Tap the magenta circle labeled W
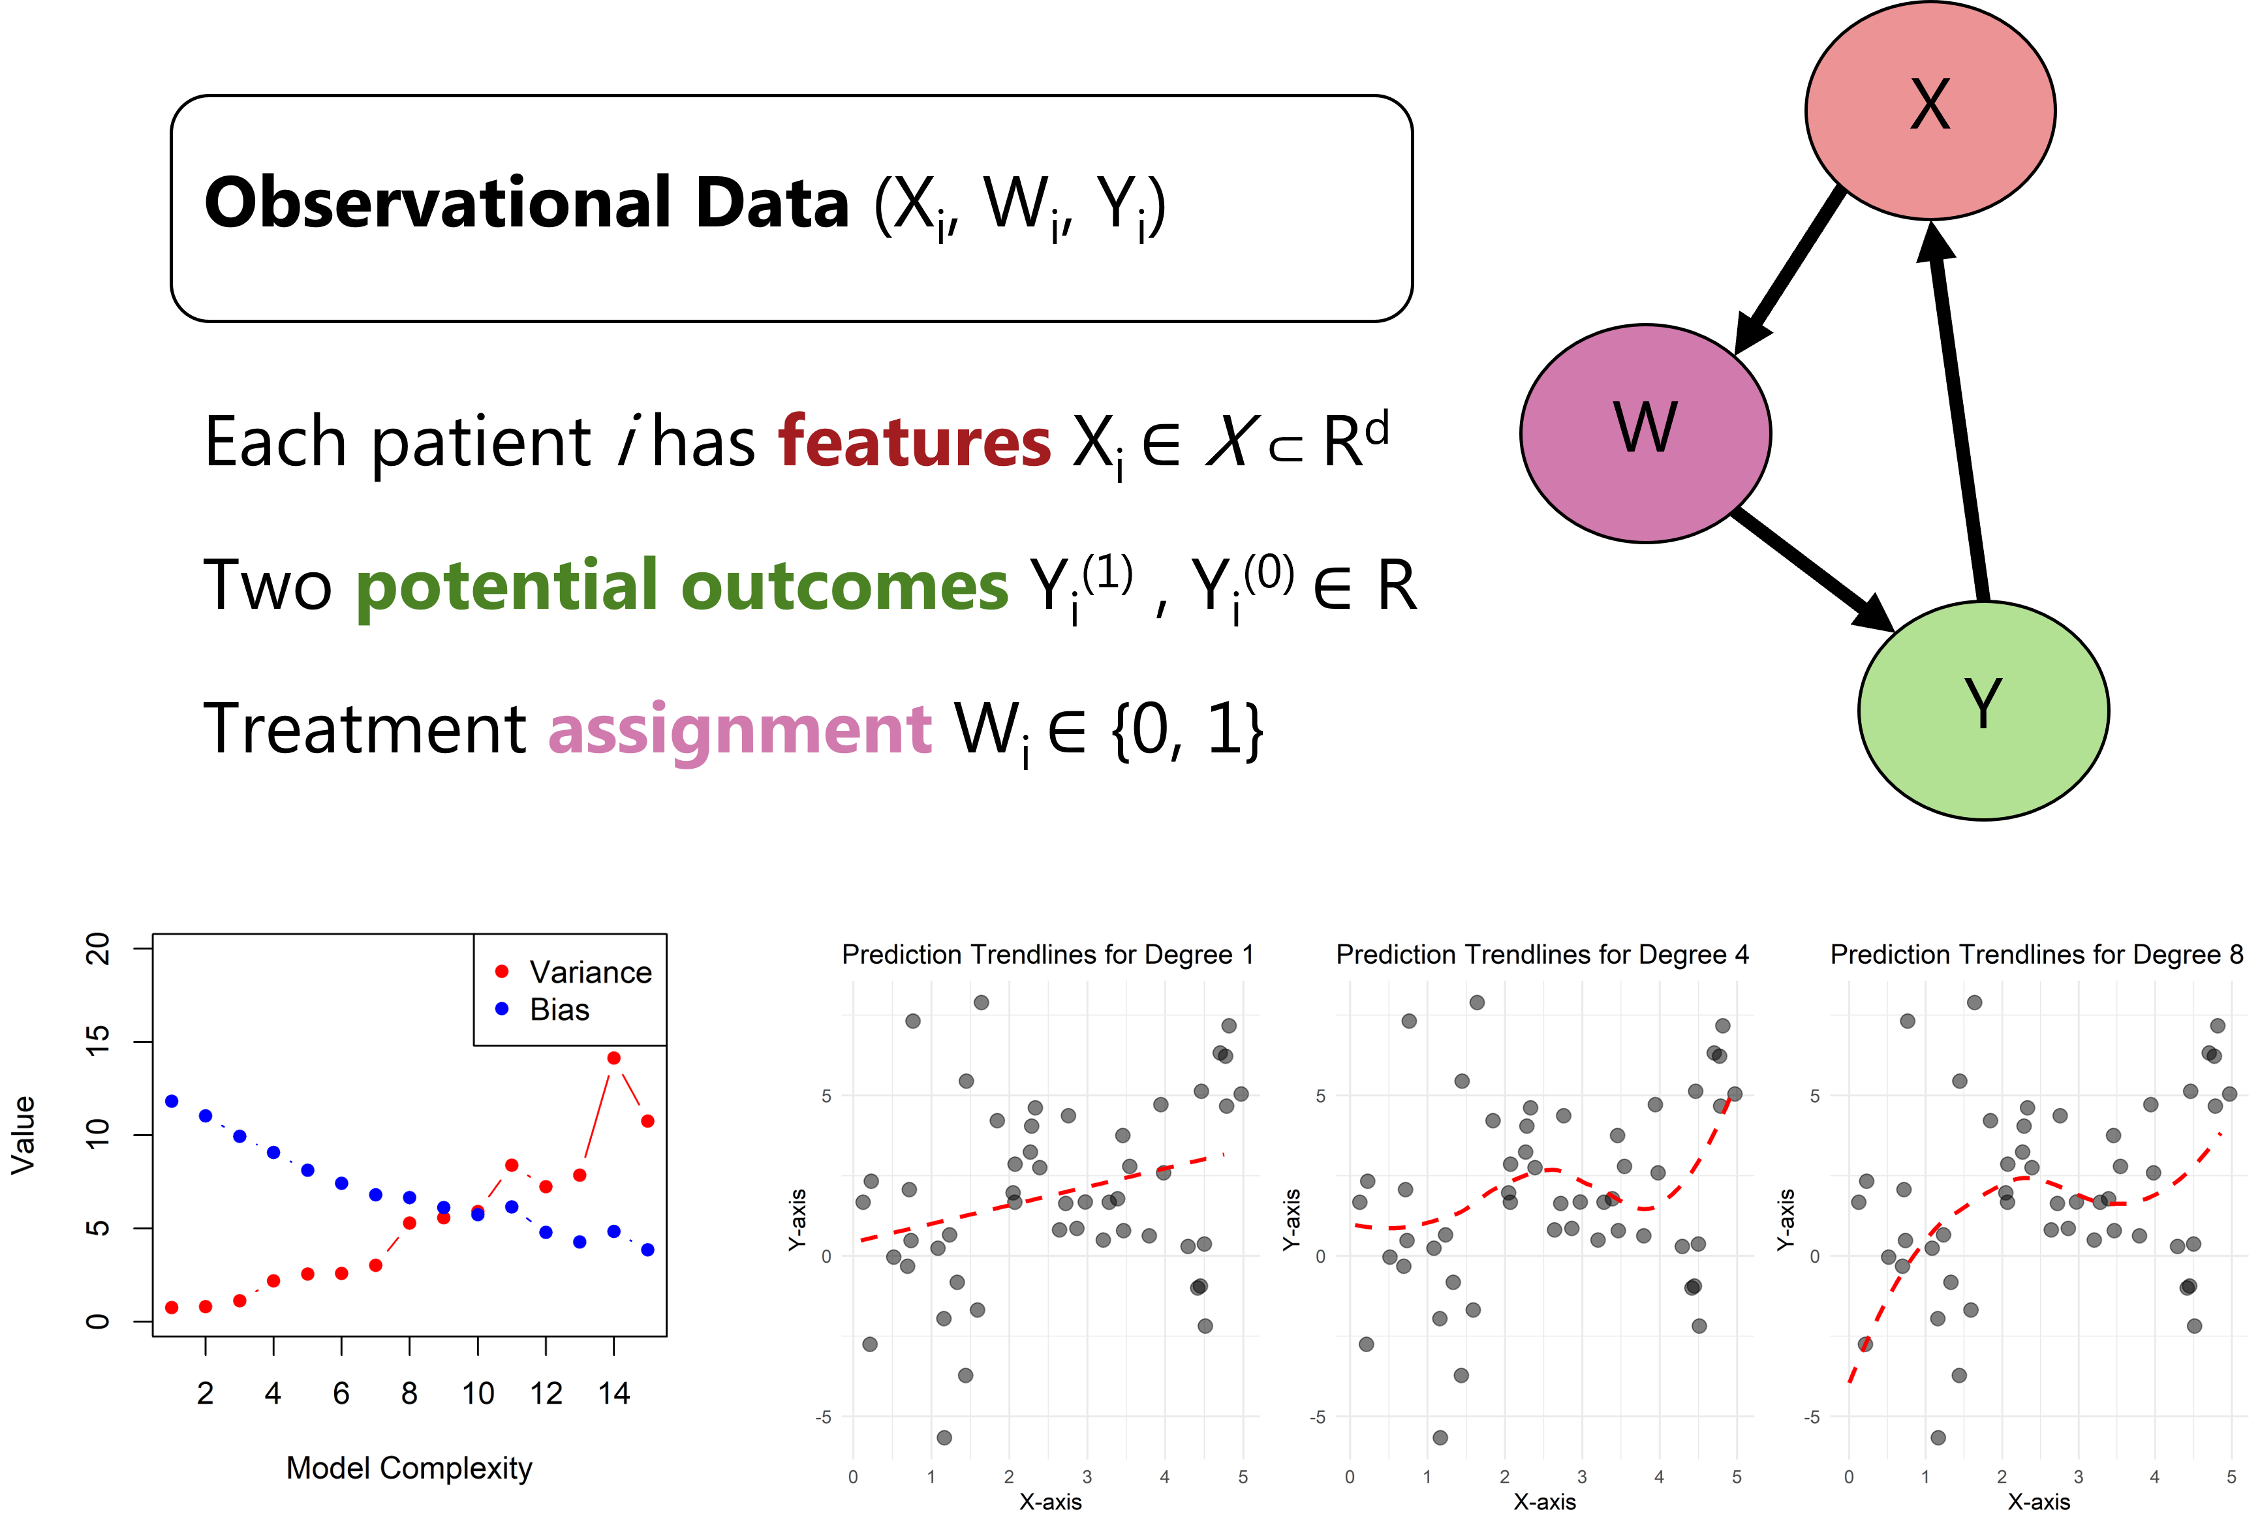click(1645, 433)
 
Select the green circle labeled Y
click(1983, 710)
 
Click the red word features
click(914, 442)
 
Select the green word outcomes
click(845, 587)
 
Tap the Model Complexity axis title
click(409, 1468)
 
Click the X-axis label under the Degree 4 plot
click(1544, 1502)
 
